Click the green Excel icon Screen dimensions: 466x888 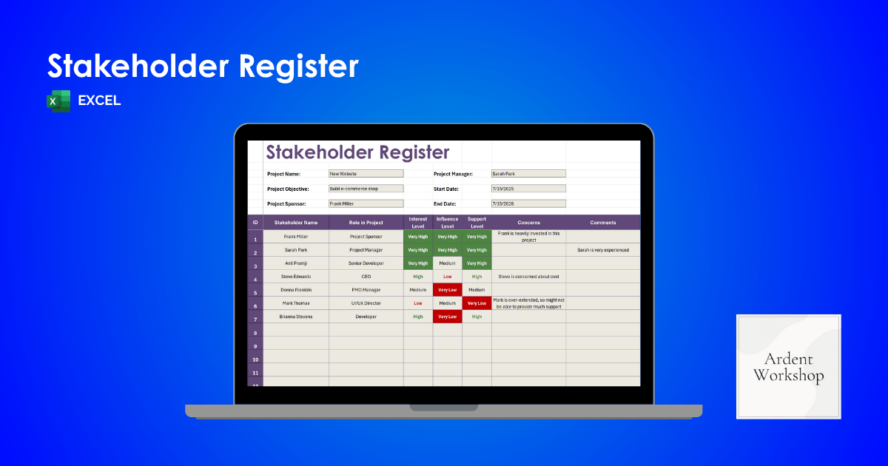click(58, 101)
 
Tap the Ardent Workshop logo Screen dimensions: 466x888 click(788, 367)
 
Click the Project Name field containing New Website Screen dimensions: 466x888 click(366, 174)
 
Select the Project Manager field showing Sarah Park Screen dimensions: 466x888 click(528, 174)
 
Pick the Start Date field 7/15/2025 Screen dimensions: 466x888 click(528, 189)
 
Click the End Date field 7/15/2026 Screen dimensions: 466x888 click(528, 203)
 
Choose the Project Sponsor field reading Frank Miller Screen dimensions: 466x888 click(366, 203)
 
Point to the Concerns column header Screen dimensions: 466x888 click(528, 223)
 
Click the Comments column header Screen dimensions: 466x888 click(603, 223)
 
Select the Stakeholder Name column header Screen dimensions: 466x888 click(296, 223)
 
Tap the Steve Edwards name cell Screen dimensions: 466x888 click(296, 277)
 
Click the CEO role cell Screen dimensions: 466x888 click(366, 277)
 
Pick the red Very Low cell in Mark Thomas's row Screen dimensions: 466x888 click(477, 303)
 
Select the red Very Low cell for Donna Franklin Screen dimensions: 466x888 click(447, 290)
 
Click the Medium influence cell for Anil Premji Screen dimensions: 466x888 click(447, 263)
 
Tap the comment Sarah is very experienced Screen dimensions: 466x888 click(603, 250)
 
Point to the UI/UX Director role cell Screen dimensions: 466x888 click(366, 303)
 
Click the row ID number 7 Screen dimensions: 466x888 click(255, 320)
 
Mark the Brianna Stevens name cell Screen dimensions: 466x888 click(296, 317)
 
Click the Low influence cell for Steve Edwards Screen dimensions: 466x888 click(447, 277)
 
